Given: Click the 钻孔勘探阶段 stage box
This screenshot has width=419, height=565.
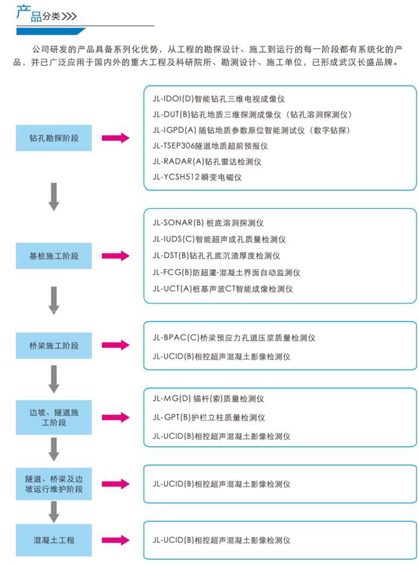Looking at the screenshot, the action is point(54,138).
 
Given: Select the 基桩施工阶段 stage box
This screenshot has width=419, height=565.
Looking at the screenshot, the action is point(54,256).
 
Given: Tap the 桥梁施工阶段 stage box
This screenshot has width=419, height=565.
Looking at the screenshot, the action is point(54,345).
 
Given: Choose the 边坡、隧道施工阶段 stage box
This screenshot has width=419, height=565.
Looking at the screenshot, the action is point(54,417).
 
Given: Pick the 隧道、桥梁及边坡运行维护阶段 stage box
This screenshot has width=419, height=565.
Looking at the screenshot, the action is point(54,484).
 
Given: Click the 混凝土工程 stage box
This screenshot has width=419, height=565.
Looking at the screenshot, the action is point(54,540).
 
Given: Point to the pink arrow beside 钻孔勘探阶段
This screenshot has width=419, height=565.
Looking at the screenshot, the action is point(116,138).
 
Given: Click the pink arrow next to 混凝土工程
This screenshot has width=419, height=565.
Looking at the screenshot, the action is point(116,540).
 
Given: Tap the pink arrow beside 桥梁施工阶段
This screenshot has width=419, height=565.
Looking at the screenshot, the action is point(116,345).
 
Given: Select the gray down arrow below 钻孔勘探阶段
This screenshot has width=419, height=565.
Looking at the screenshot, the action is point(54,197).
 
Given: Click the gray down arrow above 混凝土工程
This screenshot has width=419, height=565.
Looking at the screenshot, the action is point(54,512).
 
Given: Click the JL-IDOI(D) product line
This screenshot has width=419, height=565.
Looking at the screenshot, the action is point(218,99).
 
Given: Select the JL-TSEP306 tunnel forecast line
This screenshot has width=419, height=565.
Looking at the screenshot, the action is point(210,146).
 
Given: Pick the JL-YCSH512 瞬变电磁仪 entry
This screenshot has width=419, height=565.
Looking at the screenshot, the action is point(197,177).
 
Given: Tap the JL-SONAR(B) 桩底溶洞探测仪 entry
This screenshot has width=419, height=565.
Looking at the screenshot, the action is point(208,223).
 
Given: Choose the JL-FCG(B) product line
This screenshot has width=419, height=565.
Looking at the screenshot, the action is point(226,272).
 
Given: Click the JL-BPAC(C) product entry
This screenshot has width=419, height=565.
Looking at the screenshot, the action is point(234,338).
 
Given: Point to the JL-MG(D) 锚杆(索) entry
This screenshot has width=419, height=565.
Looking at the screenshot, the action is point(208,399).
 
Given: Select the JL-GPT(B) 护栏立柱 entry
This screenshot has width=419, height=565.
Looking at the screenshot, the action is point(208,418).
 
